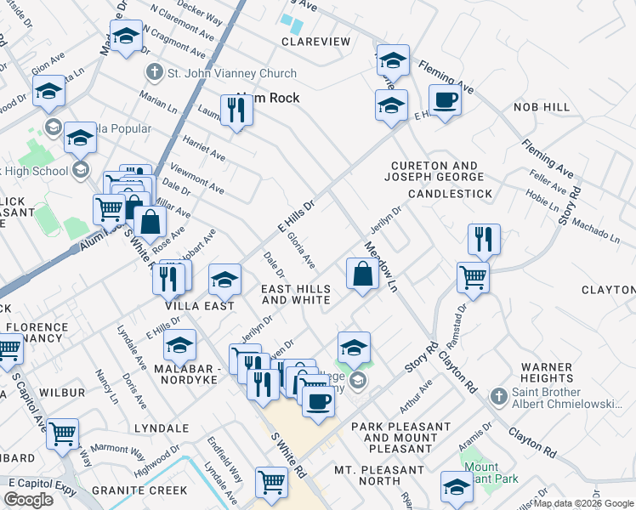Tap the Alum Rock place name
click(268, 98)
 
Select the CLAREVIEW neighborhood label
click(316, 42)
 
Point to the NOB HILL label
click(542, 107)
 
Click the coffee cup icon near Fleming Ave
click(445, 101)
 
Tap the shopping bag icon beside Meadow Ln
click(362, 274)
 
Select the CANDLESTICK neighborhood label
click(450, 194)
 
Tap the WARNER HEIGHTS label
click(546, 372)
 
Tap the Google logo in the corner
click(29, 500)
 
